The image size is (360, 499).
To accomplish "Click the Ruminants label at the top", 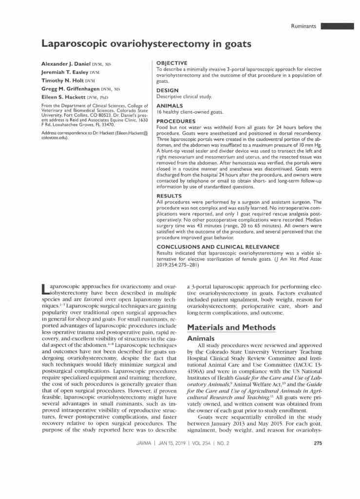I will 303,26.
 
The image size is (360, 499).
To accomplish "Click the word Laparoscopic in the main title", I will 73,44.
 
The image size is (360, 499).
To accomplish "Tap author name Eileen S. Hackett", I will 64,97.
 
